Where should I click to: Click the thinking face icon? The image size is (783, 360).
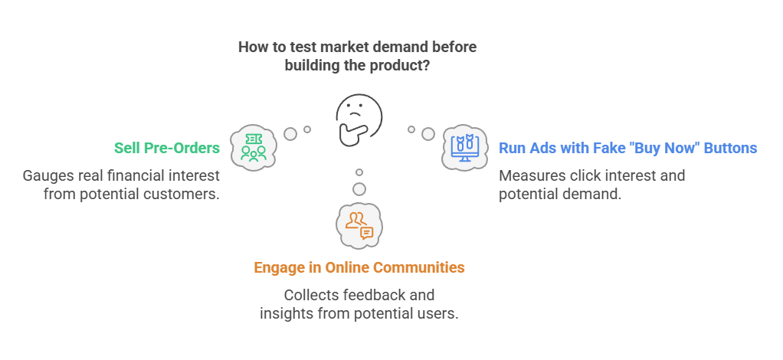point(357,121)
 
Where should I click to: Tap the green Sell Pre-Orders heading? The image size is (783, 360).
point(166,148)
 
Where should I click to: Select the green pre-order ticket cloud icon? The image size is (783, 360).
point(253,146)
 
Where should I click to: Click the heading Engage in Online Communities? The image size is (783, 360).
point(359,268)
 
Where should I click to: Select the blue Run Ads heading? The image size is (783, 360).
point(628,148)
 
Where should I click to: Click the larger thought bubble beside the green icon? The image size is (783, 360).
point(290,133)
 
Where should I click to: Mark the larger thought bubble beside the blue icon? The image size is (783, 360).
point(428,134)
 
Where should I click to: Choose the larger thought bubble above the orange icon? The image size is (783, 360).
point(359,188)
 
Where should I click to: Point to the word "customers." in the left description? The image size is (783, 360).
point(187,194)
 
